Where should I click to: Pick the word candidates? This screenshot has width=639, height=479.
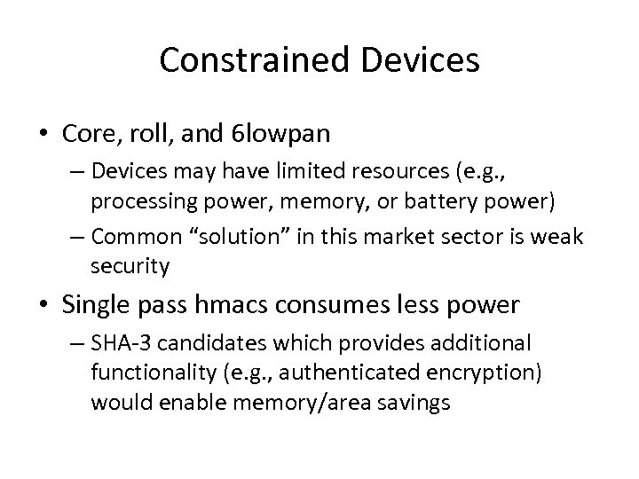209,343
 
